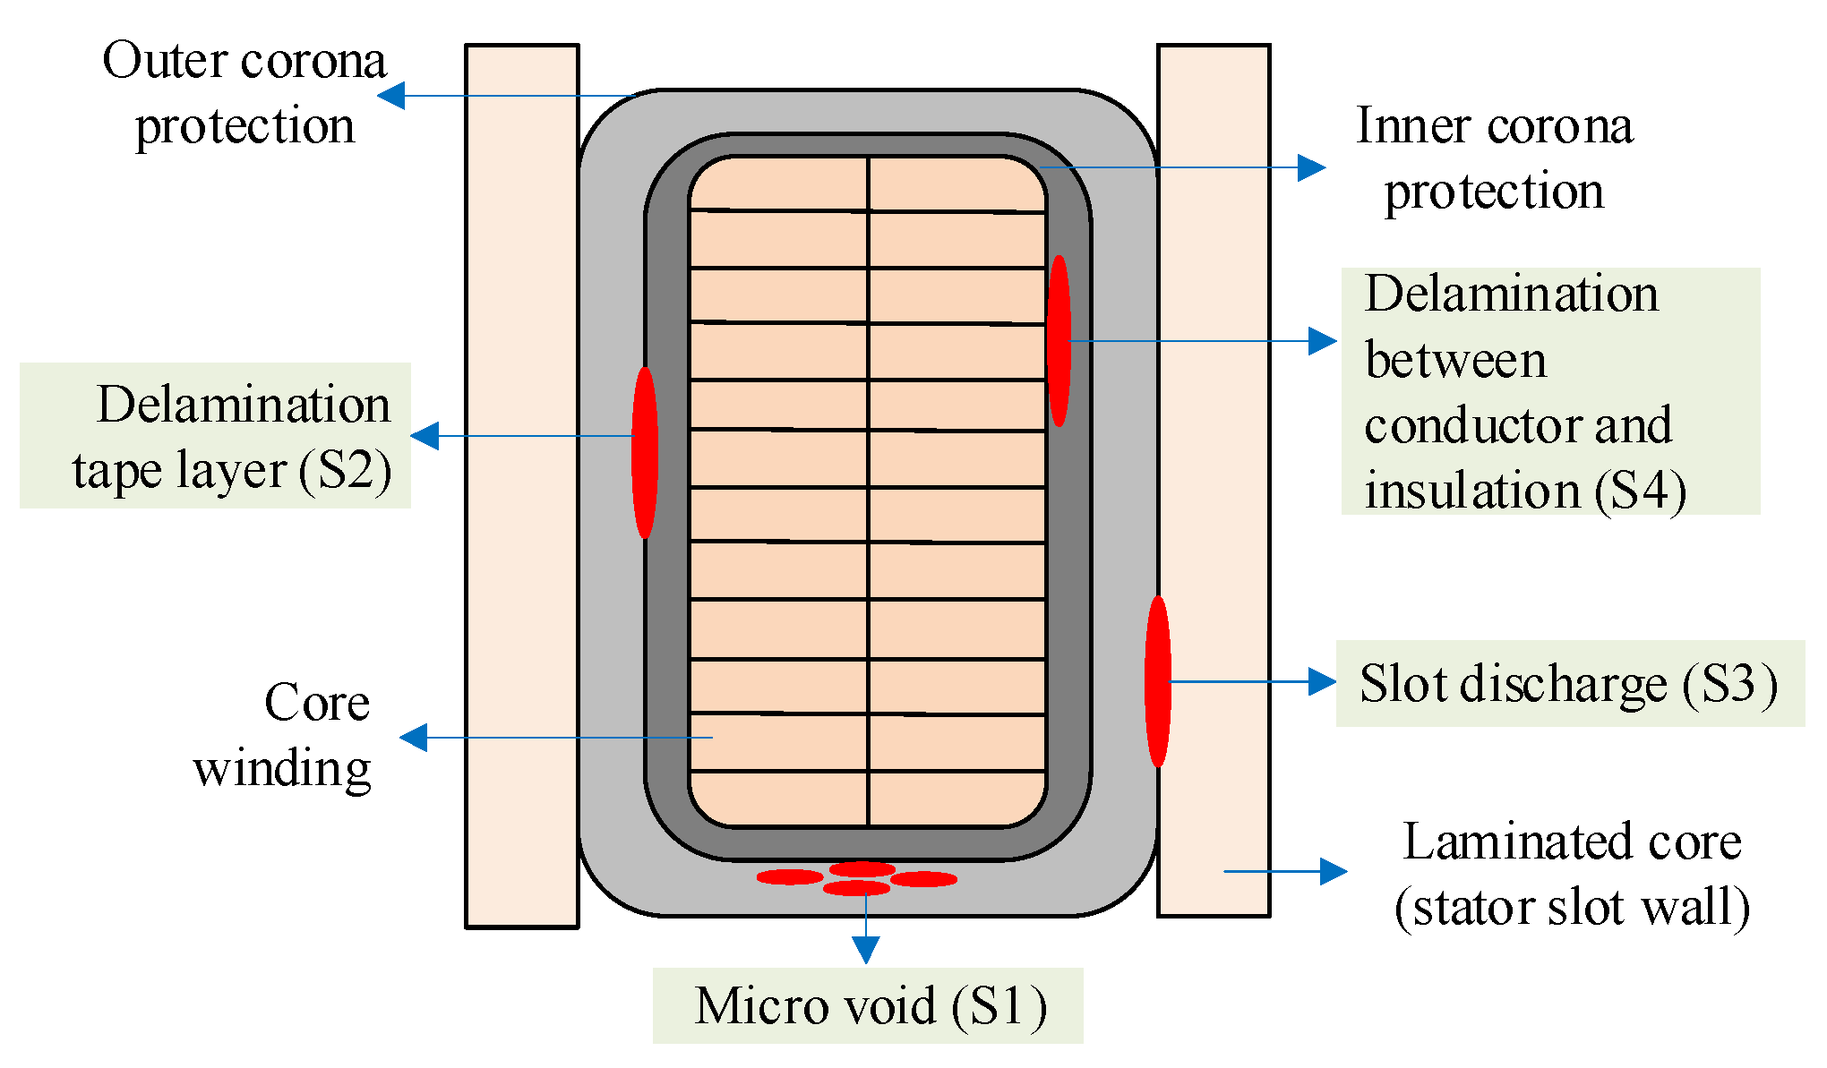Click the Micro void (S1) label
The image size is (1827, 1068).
(x=868, y=1005)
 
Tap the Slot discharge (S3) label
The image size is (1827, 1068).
(x=1569, y=684)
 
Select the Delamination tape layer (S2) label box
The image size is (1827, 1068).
(x=215, y=436)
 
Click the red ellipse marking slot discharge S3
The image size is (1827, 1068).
(x=1158, y=681)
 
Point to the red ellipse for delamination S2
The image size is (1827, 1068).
(x=645, y=452)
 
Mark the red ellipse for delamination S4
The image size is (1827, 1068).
(x=1059, y=341)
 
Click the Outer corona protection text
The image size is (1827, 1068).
(x=244, y=92)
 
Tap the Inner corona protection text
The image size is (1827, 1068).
(x=1494, y=158)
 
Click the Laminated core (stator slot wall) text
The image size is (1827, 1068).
(x=1572, y=875)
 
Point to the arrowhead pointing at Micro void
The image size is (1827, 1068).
(x=865, y=950)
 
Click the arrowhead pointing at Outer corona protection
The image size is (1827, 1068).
(x=391, y=95)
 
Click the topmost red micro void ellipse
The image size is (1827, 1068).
(x=862, y=869)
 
